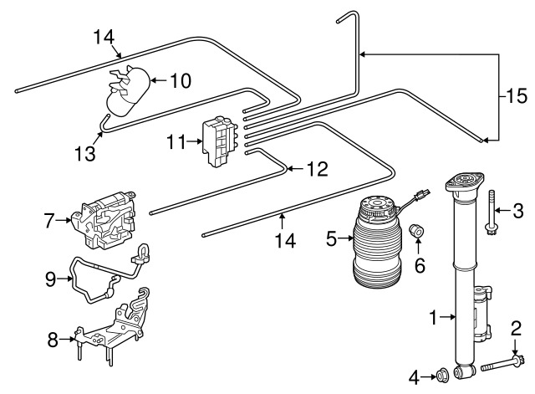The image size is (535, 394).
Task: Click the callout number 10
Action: coord(181,81)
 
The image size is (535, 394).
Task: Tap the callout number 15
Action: coord(517,96)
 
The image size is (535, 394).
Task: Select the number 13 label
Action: coord(85,153)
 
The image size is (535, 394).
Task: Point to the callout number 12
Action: coord(318,169)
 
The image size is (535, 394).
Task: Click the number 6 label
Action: coord(420,265)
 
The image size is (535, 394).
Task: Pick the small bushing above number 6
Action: coord(416,231)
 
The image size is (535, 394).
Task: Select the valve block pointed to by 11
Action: coord(220,141)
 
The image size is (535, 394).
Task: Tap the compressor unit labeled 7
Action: coord(104,221)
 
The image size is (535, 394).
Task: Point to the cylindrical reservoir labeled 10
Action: coord(128,91)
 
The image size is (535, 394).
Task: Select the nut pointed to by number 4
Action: coord(442,376)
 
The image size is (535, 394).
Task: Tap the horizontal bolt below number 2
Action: coord(502,366)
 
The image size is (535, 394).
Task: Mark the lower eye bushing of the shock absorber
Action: coord(465,371)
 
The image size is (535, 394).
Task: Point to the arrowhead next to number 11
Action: coord(200,141)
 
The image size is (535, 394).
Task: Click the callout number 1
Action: coord(433,317)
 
